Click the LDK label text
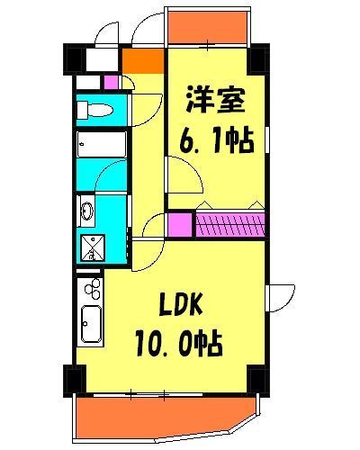[x=185, y=306]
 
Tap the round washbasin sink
[x=88, y=212]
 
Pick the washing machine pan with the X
[x=92, y=246]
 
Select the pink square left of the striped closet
[x=180, y=223]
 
